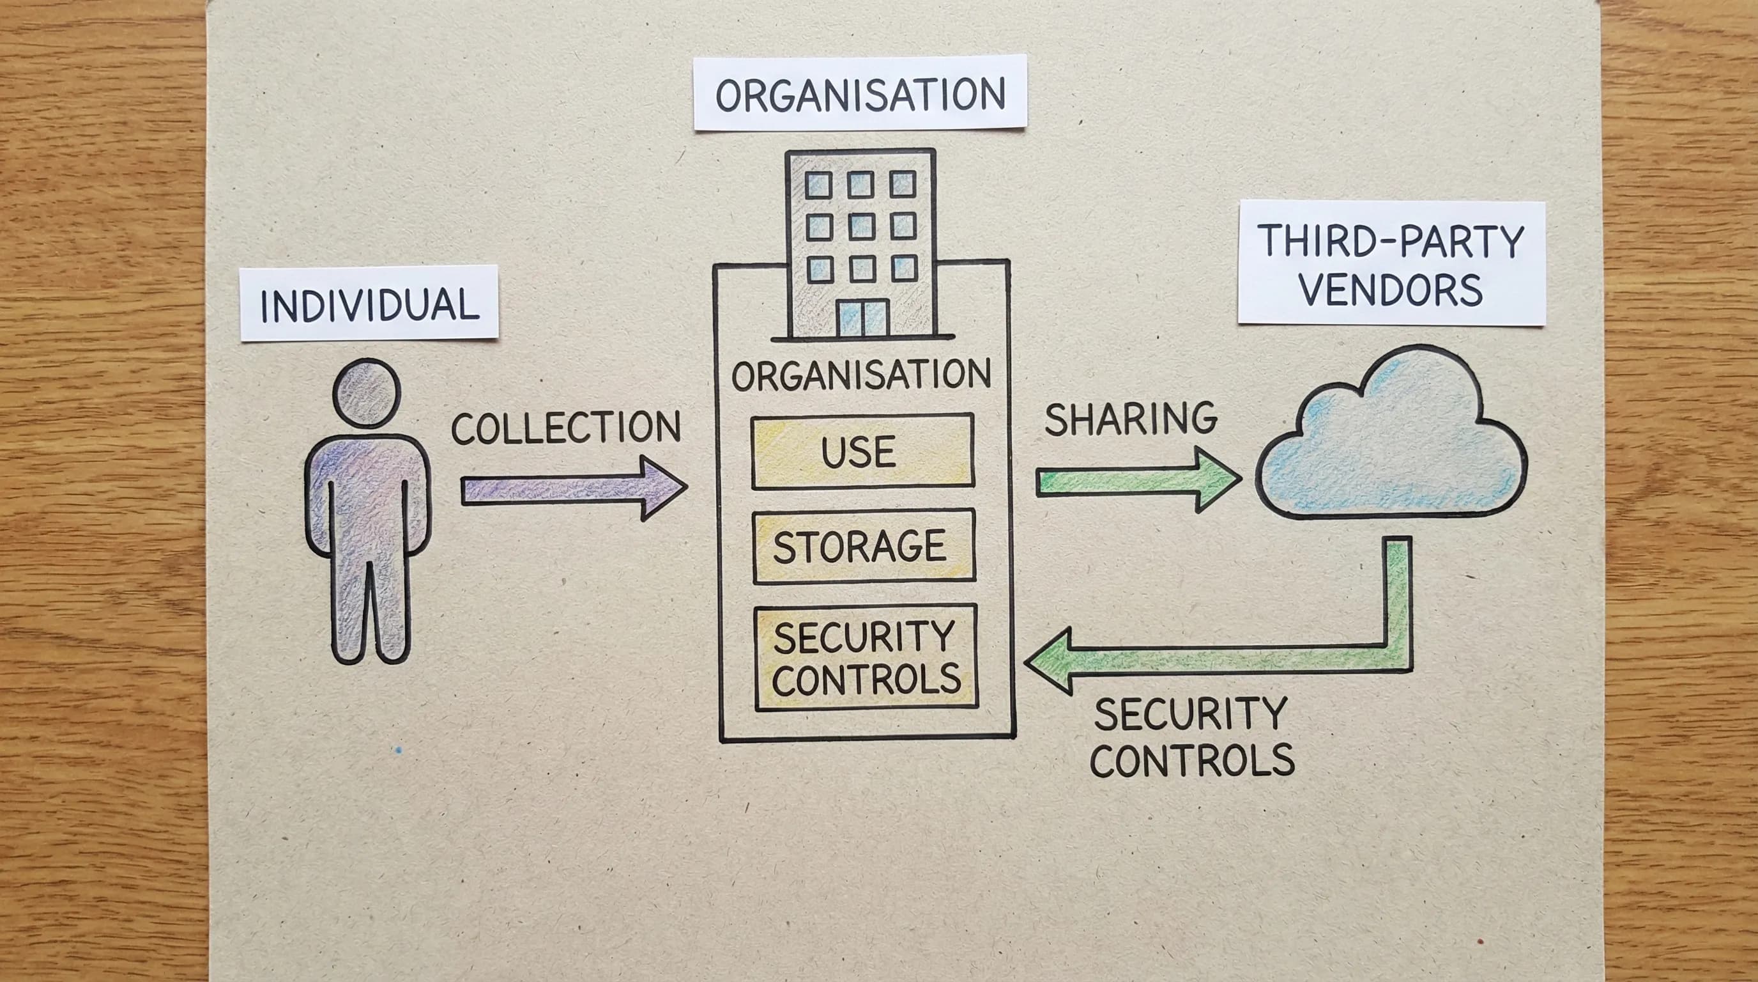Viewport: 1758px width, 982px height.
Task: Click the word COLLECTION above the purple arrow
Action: [566, 428]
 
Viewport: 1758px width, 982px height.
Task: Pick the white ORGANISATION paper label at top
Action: [860, 93]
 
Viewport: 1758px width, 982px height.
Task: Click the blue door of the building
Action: [862, 318]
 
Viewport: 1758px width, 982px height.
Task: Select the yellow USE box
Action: [862, 451]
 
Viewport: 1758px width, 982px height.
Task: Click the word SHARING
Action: [1131, 419]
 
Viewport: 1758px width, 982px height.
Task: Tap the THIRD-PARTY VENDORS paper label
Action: [1391, 263]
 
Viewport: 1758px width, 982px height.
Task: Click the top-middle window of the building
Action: [860, 184]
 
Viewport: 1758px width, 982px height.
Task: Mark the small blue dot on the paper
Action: [399, 751]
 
